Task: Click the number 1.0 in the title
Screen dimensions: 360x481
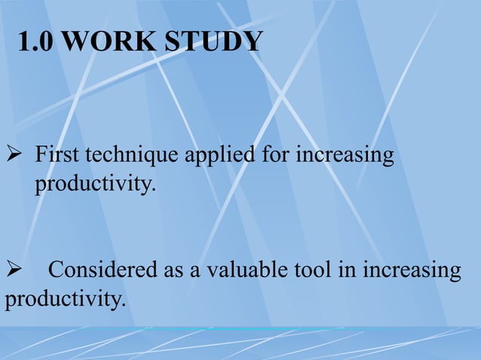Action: click(x=35, y=42)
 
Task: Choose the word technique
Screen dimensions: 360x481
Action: click(x=130, y=157)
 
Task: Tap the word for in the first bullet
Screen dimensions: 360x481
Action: click(x=276, y=157)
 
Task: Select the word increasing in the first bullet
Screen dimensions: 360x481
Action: click(x=345, y=157)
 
